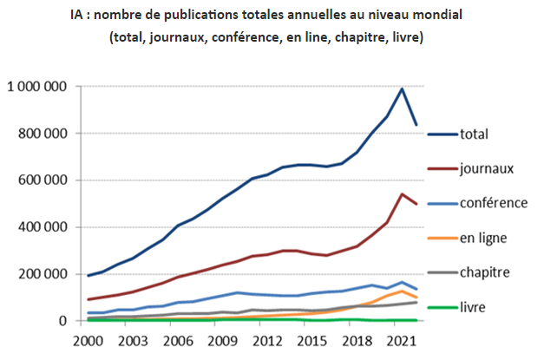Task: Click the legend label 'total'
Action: [x=474, y=134]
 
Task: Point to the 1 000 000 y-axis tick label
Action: [x=36, y=87]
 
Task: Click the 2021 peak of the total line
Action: [x=402, y=88]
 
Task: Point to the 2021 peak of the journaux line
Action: [x=402, y=194]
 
